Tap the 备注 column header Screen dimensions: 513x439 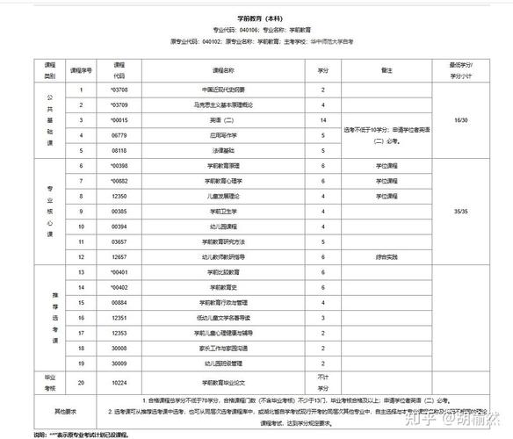[387, 69]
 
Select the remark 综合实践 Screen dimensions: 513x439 [387, 256]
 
